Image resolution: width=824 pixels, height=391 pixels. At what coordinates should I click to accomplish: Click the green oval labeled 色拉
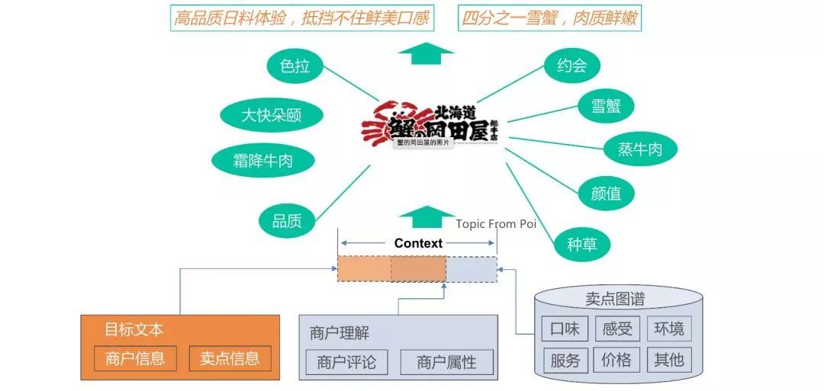(x=295, y=67)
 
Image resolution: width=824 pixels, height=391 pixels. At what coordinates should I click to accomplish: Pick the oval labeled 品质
(x=287, y=221)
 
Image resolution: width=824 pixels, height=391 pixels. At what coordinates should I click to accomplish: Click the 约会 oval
(x=571, y=66)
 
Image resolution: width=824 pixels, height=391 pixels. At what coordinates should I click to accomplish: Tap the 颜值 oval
(x=607, y=193)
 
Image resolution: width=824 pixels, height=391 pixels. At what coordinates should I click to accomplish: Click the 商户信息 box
(x=135, y=358)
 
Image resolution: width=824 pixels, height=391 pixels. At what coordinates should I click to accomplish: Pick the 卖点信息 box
(x=230, y=358)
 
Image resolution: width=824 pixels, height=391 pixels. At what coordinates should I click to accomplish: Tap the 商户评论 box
(x=346, y=362)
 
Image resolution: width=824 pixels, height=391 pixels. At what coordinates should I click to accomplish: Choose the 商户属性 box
(x=446, y=362)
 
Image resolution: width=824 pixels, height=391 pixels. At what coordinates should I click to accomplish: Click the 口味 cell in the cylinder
(x=565, y=329)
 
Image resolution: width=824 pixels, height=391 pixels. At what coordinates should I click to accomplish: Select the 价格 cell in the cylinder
(x=616, y=360)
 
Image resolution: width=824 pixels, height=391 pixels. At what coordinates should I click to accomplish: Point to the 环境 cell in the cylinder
(x=669, y=329)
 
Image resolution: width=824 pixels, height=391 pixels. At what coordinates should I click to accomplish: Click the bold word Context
(x=418, y=243)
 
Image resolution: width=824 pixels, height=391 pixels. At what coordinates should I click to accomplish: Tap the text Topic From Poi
(x=496, y=224)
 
